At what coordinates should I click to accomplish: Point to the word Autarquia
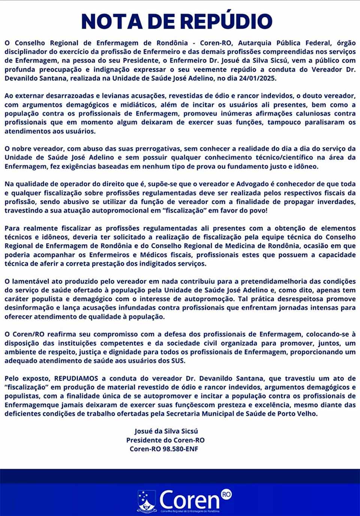point(255,43)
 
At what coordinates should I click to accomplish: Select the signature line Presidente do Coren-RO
point(165,440)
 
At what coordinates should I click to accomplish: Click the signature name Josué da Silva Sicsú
point(166,431)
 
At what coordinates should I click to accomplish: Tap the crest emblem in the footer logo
point(147,501)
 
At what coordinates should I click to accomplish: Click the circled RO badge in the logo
point(226,494)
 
